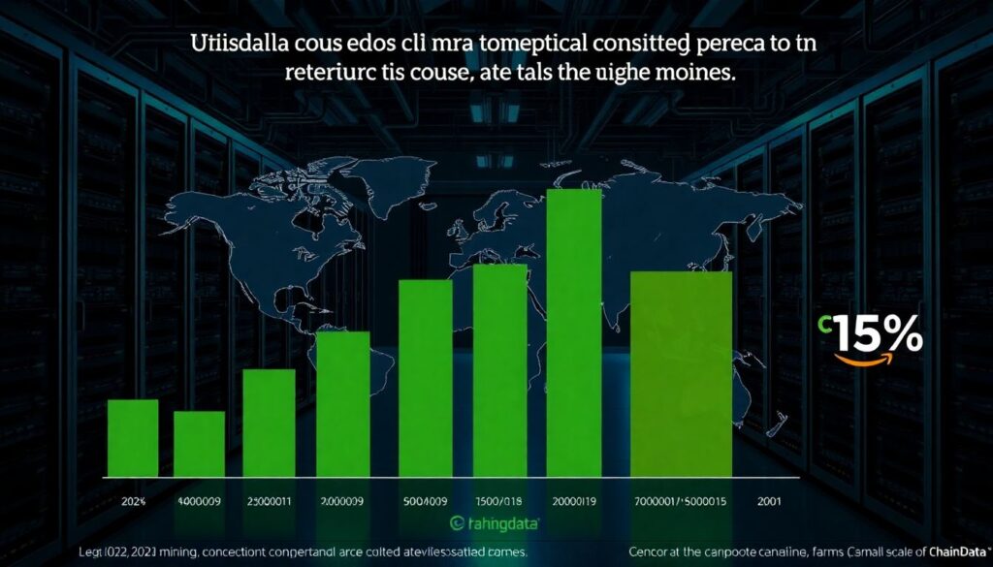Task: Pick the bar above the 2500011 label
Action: pyautogui.click(x=269, y=423)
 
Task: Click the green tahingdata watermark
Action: pyautogui.click(x=496, y=523)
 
